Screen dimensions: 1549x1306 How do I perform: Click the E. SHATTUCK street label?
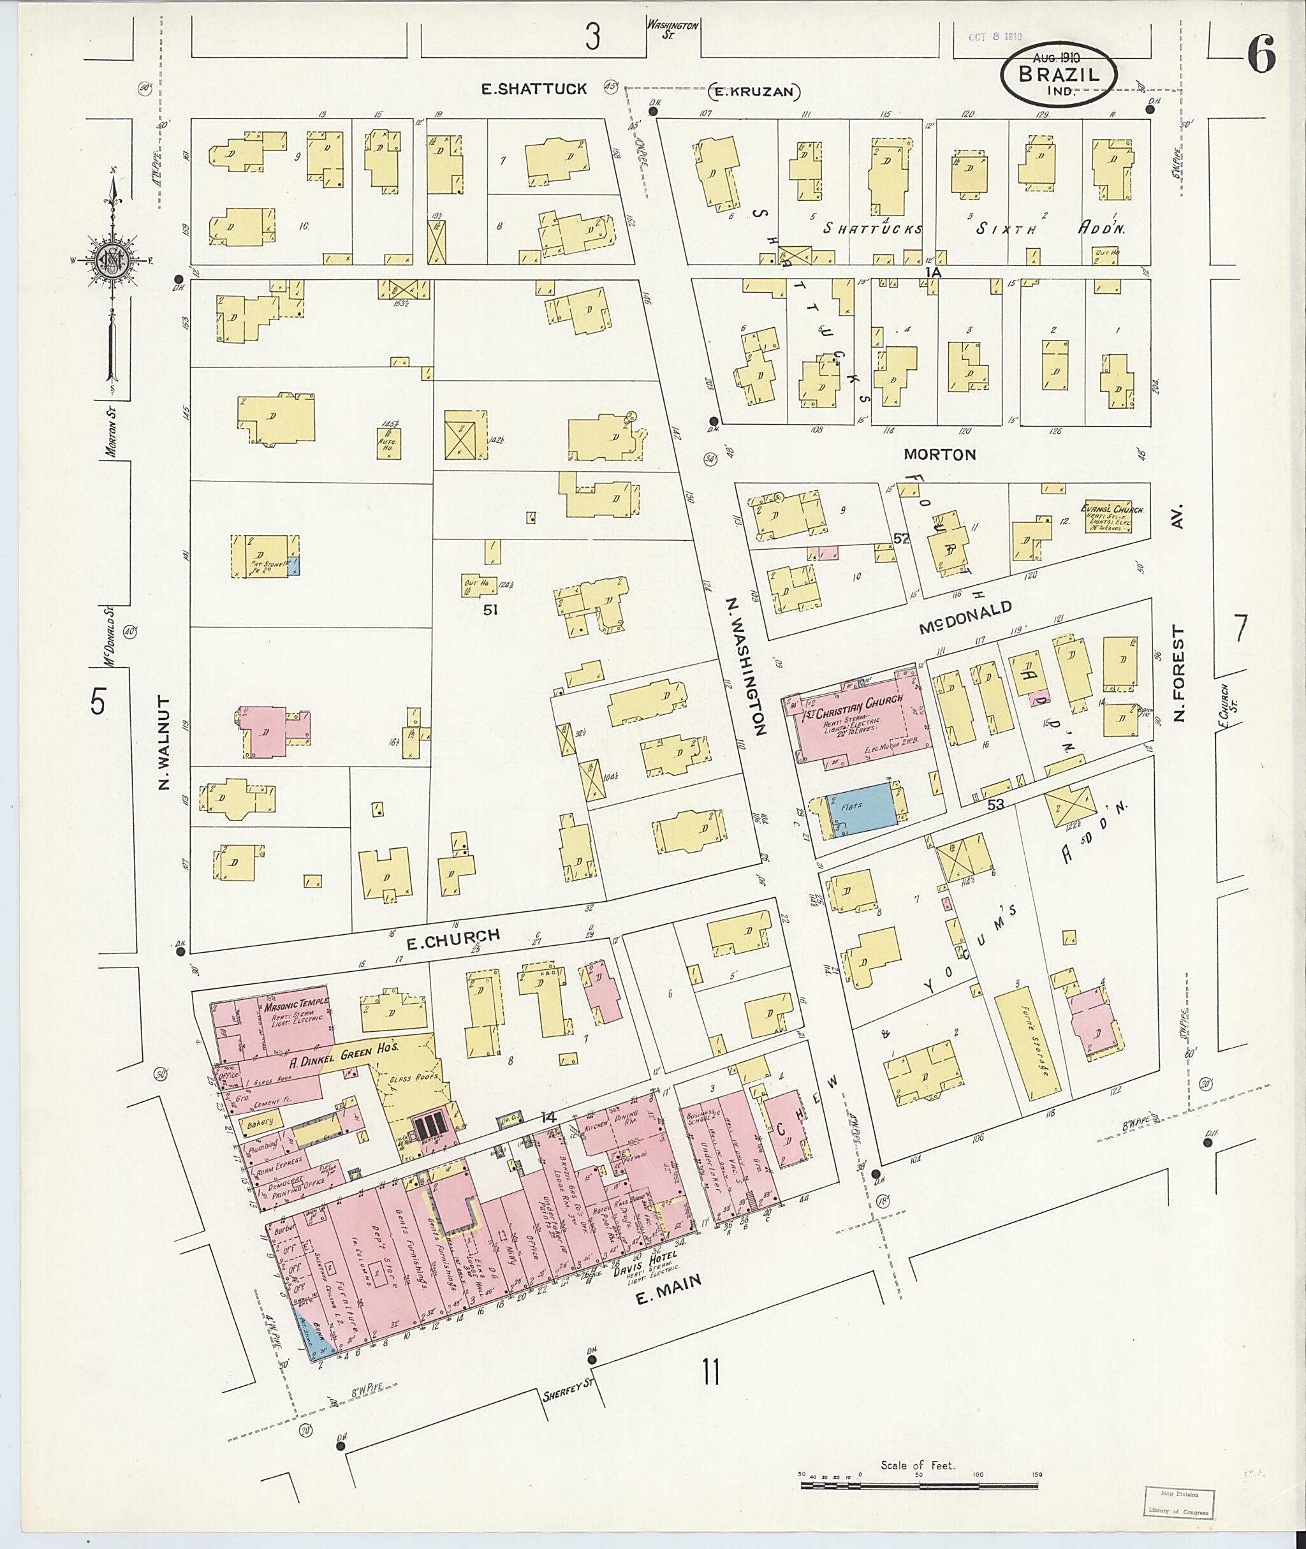point(534,89)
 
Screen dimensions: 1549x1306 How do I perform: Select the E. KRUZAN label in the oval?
point(755,92)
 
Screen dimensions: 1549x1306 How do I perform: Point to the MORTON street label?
point(939,455)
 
